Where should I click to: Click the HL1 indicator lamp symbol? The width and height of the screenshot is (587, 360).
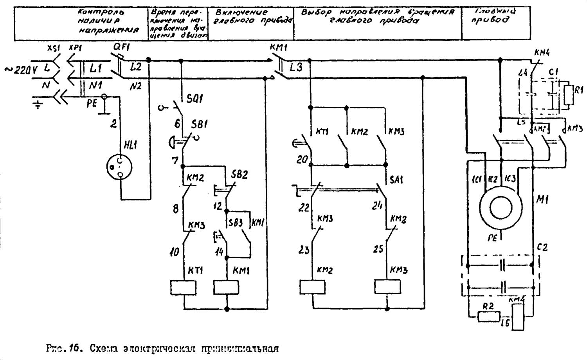[x=119, y=167]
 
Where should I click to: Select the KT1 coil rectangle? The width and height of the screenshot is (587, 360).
[x=183, y=288]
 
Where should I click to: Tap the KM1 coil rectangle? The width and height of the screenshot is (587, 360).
[x=226, y=288]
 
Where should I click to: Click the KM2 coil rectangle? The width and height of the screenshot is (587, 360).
[x=312, y=287]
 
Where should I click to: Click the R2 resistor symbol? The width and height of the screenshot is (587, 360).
[x=489, y=316]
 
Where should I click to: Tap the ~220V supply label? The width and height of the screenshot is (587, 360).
[x=21, y=70]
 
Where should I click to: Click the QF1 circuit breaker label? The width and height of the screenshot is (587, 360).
[x=121, y=48]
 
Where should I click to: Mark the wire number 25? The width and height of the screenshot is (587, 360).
[x=378, y=248]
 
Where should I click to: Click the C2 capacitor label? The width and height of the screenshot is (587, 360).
[x=542, y=248]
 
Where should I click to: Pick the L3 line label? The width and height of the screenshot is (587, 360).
[x=296, y=68]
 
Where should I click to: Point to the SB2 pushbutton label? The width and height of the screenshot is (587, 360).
[x=239, y=175]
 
